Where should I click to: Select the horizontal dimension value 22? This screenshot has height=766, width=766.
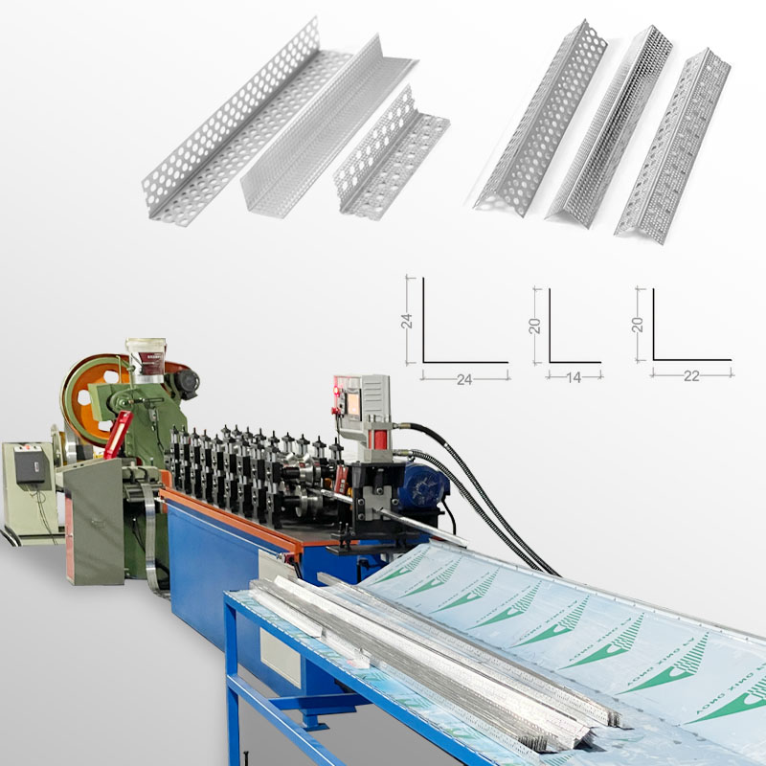click(691, 378)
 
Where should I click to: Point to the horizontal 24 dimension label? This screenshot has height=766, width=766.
click(464, 379)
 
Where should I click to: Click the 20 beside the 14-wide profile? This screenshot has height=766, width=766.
click(535, 325)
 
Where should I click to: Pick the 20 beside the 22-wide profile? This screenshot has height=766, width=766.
click(638, 325)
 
